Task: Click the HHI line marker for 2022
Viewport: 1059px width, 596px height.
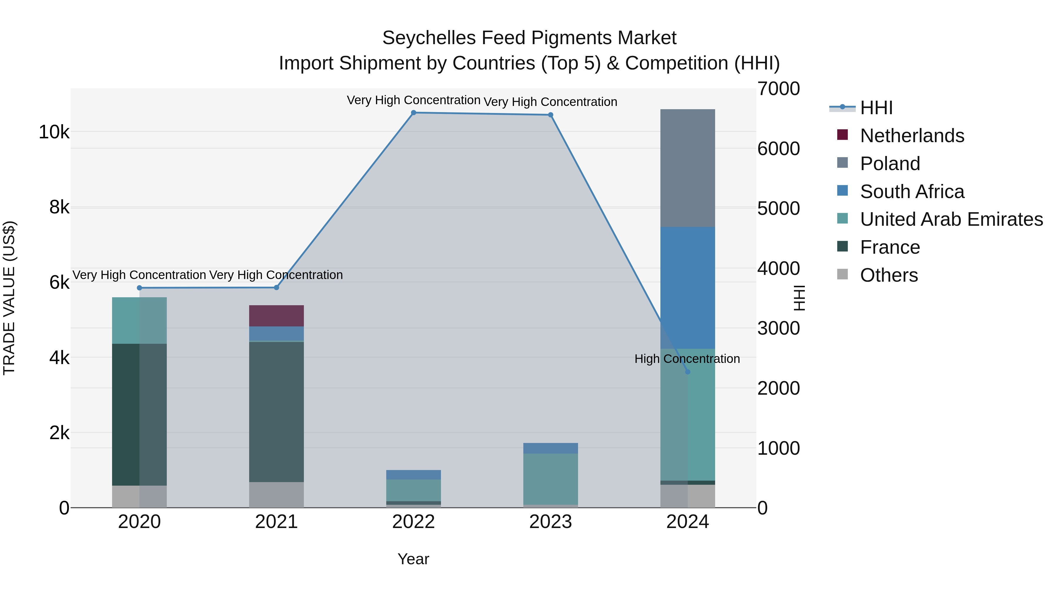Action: [414, 113]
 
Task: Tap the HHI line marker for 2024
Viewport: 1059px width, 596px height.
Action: [688, 372]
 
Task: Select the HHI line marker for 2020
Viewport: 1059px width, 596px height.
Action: [139, 288]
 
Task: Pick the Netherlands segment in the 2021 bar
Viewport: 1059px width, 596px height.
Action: [276, 316]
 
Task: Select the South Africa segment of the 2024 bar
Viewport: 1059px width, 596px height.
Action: [687, 288]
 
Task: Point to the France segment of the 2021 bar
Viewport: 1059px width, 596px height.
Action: [276, 411]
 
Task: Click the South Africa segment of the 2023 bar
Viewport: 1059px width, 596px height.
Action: [550, 448]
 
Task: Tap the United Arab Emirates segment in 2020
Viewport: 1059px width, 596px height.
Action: [139, 321]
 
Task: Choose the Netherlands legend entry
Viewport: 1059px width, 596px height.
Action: [912, 136]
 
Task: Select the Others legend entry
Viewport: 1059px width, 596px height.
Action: [889, 275]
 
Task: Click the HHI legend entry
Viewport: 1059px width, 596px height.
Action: [876, 108]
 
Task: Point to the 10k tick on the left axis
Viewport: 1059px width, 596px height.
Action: [54, 132]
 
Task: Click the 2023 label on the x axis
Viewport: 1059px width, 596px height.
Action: [550, 522]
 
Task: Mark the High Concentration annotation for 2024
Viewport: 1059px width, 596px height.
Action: [687, 359]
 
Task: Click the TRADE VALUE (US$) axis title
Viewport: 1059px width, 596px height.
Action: [9, 298]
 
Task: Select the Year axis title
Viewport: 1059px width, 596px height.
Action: [413, 559]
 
